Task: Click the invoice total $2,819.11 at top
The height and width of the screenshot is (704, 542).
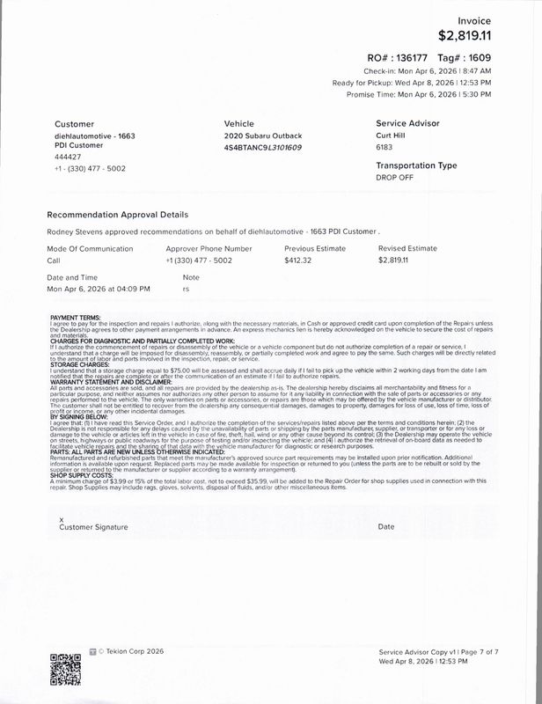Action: point(465,35)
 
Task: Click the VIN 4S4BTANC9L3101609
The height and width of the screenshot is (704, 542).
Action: point(263,148)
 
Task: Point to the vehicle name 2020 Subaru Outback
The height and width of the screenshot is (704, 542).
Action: point(263,136)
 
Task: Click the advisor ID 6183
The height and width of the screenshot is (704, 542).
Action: point(385,148)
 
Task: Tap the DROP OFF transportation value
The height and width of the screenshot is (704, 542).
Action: point(394,178)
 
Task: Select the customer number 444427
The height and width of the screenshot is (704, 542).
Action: point(68,158)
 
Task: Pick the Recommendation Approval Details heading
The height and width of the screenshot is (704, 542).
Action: point(116,214)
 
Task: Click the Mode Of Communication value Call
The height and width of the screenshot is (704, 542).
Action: point(53,261)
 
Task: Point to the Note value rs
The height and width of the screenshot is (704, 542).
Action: point(186,289)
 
